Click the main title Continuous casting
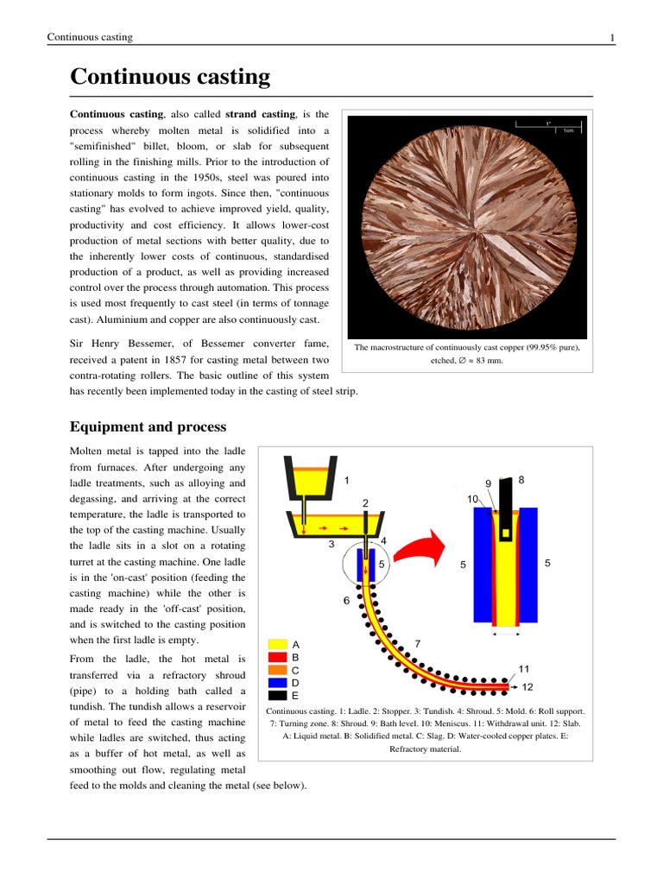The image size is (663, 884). [x=170, y=77]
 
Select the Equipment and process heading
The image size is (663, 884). [x=148, y=426]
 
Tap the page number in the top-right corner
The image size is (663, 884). [x=612, y=37]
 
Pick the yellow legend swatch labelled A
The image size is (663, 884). [x=278, y=644]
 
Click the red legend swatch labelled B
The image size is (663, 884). [x=278, y=656]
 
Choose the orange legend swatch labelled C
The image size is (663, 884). [x=278, y=669]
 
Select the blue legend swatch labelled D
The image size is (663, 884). [x=278, y=682]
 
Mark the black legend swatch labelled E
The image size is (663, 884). [x=278, y=694]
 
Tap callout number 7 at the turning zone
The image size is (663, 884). [x=418, y=643]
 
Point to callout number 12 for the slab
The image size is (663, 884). [x=527, y=687]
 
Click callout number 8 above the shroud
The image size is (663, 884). [x=521, y=479]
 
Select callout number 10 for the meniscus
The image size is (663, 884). [x=472, y=499]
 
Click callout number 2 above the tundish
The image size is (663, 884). [x=365, y=502]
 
